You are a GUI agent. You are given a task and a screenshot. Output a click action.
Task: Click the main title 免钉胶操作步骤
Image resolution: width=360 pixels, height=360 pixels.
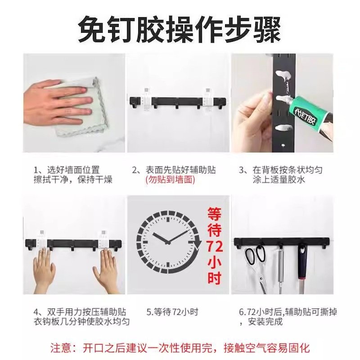tap(180, 29)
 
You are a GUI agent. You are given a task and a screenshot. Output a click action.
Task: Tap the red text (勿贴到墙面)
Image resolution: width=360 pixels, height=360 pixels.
tap(170, 180)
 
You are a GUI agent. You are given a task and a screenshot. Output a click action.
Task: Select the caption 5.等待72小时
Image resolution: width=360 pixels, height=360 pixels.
tap(172, 311)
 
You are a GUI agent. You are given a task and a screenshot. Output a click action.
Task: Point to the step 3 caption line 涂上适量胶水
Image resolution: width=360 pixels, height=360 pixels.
tap(279, 180)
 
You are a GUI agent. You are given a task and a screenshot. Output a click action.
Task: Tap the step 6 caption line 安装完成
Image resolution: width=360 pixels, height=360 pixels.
tap(265, 321)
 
